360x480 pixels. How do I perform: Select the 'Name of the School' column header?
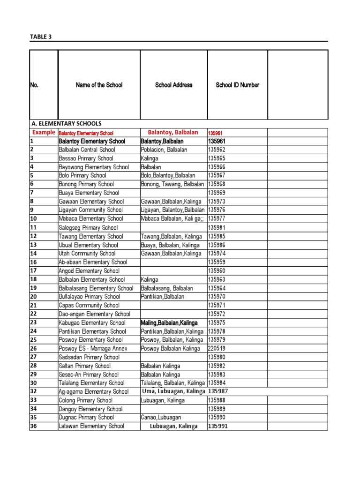click(99, 85)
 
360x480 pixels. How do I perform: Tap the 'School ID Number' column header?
click(237, 85)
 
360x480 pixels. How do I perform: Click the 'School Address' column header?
click(173, 85)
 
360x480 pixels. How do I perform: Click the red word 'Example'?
click(44, 133)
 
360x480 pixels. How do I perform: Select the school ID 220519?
click(217, 348)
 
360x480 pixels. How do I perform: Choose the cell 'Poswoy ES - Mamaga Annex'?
click(93, 348)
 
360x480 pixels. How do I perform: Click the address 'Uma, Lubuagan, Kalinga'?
click(173, 391)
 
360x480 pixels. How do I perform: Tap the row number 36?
click(33, 426)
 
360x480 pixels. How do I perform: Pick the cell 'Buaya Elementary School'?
click(89, 193)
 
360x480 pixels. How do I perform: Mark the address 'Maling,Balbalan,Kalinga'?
click(169, 322)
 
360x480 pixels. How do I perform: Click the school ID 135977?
click(217, 218)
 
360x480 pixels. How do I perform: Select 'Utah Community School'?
click(87, 253)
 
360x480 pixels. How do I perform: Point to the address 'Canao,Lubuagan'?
click(161, 417)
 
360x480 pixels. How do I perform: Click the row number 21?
click(33, 305)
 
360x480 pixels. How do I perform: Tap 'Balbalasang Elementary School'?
click(96, 288)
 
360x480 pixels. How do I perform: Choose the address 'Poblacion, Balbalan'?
click(164, 150)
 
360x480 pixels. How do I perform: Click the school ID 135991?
click(218, 426)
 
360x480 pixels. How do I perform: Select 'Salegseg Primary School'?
click(88, 227)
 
